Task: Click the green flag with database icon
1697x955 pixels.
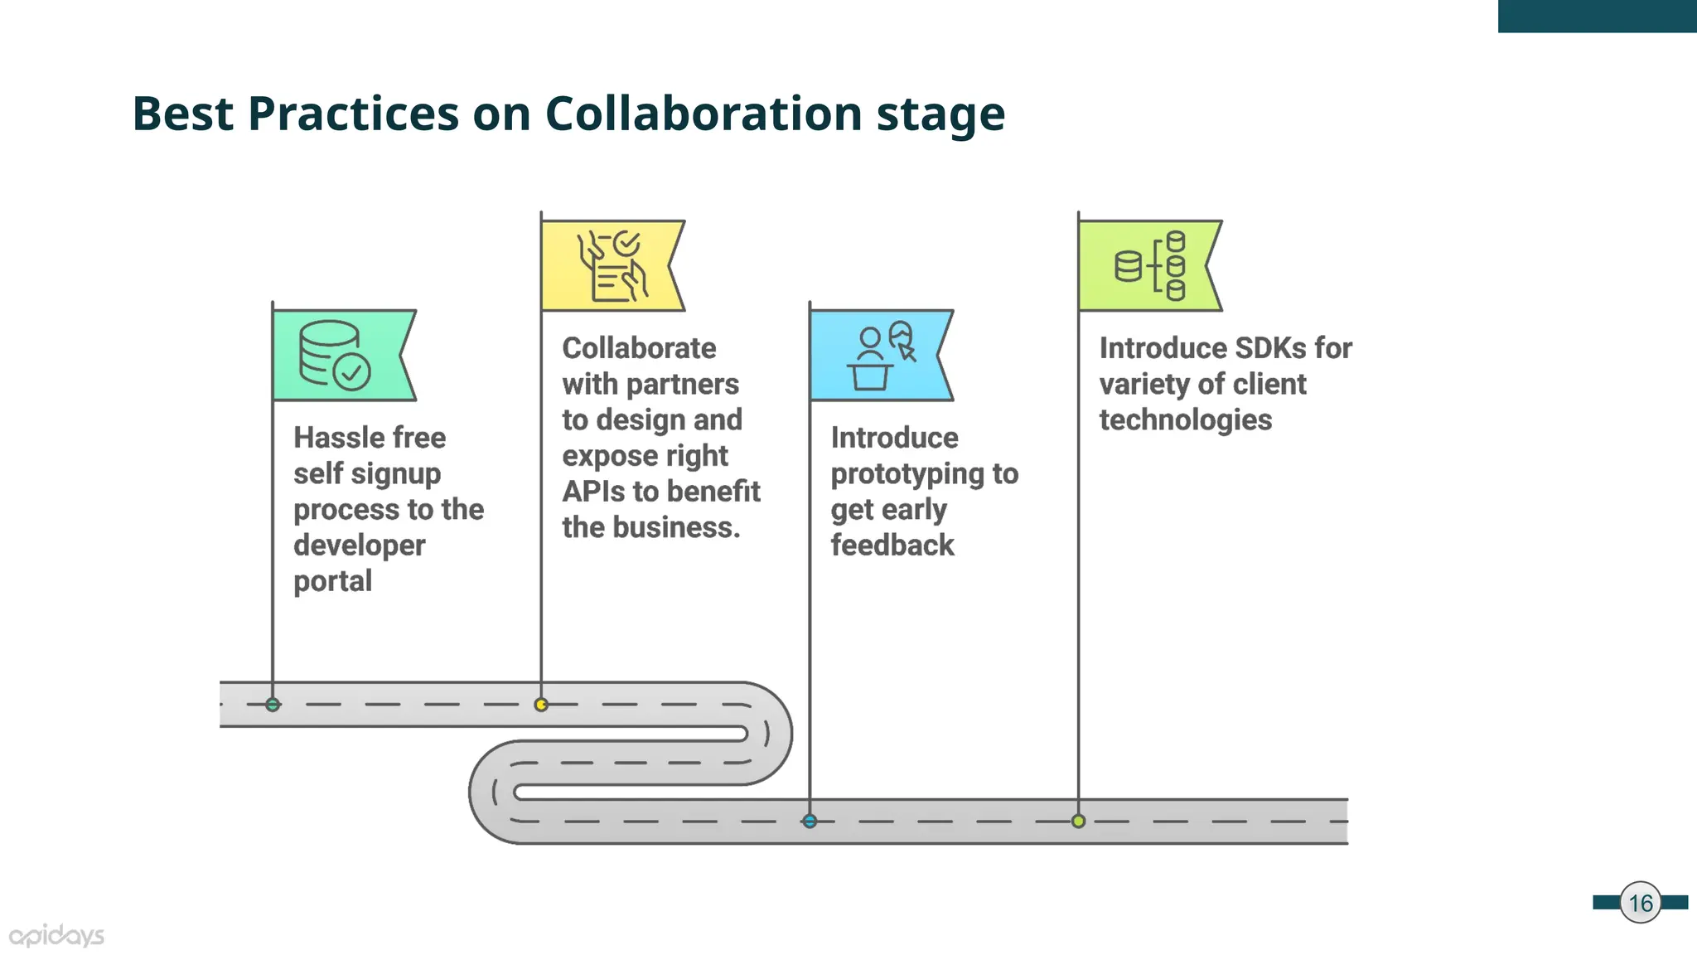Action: (x=340, y=355)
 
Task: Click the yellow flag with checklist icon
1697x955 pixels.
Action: (x=609, y=265)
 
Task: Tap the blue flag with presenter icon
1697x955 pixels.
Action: (x=877, y=355)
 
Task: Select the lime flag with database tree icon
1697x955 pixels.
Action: (x=1146, y=265)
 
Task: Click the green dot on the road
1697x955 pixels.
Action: (x=273, y=705)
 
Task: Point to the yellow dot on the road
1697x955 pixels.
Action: (x=541, y=705)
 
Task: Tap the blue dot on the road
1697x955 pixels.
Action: (x=810, y=822)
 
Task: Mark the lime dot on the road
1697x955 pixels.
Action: (x=1078, y=822)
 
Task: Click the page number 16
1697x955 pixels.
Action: (x=1640, y=903)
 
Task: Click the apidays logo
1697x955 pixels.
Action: (x=56, y=936)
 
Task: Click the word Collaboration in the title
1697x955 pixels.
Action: (x=703, y=114)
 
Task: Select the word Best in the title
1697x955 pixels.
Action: (x=182, y=114)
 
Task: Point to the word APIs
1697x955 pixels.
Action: (x=593, y=492)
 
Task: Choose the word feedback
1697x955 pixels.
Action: (x=892, y=545)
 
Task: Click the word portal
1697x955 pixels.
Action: (x=332, y=581)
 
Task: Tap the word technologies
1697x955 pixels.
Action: (x=1185, y=420)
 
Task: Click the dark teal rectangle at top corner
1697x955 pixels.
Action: (x=1597, y=16)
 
